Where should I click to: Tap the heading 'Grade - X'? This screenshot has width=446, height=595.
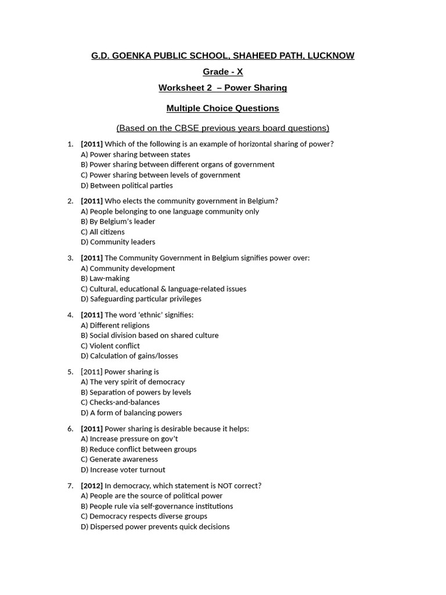click(x=223, y=72)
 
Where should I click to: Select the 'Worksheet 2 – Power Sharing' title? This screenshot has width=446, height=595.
click(x=223, y=88)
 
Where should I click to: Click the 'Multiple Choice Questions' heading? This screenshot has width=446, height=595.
click(x=223, y=109)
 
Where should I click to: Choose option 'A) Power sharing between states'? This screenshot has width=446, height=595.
click(x=135, y=155)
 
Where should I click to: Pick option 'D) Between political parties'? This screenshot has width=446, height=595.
click(x=127, y=185)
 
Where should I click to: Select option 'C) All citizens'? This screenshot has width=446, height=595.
click(x=103, y=232)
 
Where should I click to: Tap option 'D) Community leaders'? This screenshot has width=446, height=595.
click(x=118, y=242)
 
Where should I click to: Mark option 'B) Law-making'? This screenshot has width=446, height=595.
click(x=105, y=278)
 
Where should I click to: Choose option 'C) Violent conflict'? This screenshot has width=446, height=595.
click(x=110, y=346)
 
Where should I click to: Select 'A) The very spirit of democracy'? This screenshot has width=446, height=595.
click(x=132, y=382)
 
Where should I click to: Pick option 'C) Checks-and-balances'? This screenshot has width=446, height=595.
click(x=120, y=402)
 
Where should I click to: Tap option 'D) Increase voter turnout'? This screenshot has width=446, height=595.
click(x=123, y=469)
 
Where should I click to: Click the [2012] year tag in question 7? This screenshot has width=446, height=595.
click(x=92, y=486)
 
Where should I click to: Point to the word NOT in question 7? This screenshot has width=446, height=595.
click(x=226, y=486)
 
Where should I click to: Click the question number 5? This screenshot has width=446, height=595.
click(x=70, y=372)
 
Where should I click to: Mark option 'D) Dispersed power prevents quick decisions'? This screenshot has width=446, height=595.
click(x=155, y=526)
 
